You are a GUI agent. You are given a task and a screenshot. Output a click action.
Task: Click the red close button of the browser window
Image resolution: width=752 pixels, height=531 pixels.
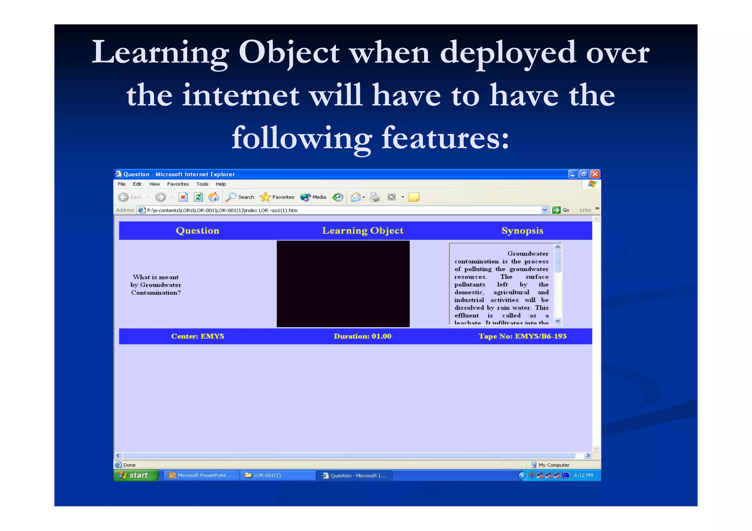[595, 174]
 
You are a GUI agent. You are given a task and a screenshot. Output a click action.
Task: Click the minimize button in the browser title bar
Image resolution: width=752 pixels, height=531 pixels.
[573, 174]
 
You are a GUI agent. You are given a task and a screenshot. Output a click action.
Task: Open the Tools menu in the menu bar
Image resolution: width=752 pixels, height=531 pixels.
[202, 184]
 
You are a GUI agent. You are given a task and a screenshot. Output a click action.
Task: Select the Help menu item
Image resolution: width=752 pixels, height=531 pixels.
[221, 184]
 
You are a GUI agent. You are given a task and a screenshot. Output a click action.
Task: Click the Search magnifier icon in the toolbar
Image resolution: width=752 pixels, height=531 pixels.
[231, 197]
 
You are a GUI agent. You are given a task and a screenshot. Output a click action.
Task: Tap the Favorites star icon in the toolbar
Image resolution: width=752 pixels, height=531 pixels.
[265, 197]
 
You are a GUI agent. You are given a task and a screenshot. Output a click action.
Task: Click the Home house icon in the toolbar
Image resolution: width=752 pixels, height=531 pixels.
[213, 197]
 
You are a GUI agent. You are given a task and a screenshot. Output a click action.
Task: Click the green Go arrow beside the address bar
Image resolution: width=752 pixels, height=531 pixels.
[557, 210]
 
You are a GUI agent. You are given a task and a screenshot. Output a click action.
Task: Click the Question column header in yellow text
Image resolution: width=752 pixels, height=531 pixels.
[198, 231]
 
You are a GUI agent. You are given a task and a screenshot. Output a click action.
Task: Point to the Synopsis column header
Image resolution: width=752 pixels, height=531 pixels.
[522, 231]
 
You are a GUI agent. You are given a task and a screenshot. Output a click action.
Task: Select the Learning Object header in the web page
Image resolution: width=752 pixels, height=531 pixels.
[363, 231]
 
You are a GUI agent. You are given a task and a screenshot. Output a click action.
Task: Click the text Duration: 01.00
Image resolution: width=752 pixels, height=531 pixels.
[362, 336]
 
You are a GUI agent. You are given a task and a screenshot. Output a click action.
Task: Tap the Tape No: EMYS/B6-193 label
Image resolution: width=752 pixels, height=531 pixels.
[522, 336]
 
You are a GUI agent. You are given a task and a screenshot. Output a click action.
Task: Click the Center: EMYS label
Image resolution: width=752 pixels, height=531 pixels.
[198, 336]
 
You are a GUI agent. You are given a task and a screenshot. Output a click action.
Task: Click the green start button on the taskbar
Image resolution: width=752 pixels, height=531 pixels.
[136, 475]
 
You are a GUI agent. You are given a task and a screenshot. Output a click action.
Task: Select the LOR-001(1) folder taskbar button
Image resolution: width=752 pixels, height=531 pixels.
[277, 475]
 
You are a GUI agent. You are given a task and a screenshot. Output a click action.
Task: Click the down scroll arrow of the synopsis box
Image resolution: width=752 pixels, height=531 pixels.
[558, 321]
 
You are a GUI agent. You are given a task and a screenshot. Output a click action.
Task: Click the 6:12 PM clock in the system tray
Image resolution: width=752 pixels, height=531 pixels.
[583, 475]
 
